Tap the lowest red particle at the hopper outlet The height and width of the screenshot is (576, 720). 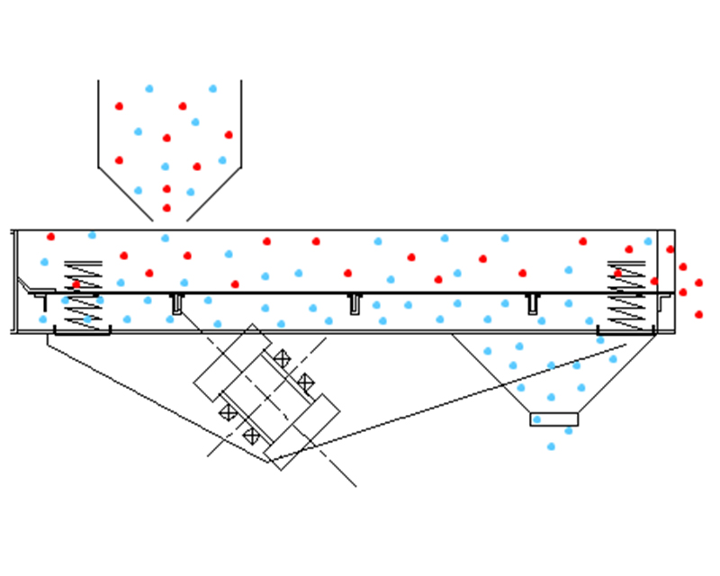(x=166, y=208)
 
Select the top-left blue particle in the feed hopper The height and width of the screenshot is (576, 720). (x=149, y=88)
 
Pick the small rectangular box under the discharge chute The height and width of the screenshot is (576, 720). (x=553, y=419)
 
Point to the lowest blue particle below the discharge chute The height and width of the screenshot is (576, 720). (x=551, y=446)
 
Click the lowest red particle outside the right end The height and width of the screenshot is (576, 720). (x=699, y=314)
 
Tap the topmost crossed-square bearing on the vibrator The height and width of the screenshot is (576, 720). (x=282, y=358)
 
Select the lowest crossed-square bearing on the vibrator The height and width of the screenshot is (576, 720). (x=252, y=436)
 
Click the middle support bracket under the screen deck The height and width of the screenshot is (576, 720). (x=355, y=302)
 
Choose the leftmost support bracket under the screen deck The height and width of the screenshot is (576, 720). (x=177, y=303)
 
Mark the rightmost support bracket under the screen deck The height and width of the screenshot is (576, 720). (x=533, y=303)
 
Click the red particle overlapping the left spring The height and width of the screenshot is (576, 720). (x=76, y=284)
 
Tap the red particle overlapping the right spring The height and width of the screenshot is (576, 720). (x=617, y=274)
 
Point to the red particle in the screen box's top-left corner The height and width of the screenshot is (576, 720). (x=50, y=237)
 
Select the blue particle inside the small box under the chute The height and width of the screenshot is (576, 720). (x=537, y=419)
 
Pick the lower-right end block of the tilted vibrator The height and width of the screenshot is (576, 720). (x=302, y=431)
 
